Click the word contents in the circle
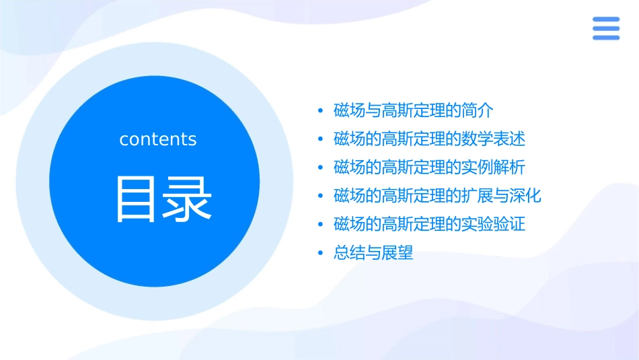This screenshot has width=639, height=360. pos(158,139)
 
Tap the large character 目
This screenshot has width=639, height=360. pos(137,199)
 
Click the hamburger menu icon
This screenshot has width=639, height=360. pos(605,28)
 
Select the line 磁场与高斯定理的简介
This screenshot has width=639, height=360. pos(413,110)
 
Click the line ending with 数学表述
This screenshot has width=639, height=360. pos(429,139)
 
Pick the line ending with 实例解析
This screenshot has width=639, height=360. pos(429,168)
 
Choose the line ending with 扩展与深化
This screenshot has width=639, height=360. pos(437,196)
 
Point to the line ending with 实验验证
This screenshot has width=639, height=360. pos(429,224)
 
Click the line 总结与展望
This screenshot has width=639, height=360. pos(373,253)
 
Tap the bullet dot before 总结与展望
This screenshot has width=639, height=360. pos(321,254)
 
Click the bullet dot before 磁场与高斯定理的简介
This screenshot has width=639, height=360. pos(321,111)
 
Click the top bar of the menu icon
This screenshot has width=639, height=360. pos(605,20)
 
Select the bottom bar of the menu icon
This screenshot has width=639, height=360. pos(605,37)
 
